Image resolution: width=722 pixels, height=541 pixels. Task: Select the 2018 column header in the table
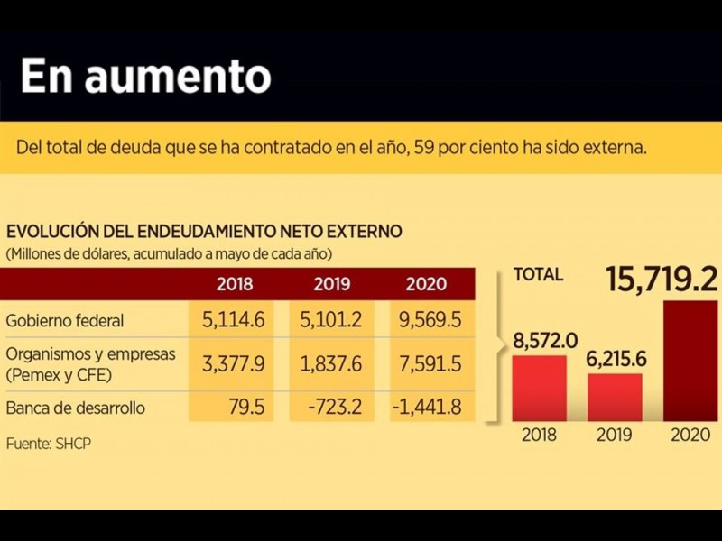tap(235, 283)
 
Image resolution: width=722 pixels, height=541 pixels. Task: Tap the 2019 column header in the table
tap(332, 283)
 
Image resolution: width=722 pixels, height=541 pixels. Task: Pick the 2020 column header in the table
tap(426, 283)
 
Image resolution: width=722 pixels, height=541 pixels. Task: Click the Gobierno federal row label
tap(65, 320)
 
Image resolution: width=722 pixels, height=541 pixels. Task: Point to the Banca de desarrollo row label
tap(75, 408)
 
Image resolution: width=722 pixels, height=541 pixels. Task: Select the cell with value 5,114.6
tap(234, 320)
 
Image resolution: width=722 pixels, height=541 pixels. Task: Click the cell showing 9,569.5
tap(427, 320)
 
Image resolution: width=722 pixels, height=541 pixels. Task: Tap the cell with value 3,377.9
tap(234, 363)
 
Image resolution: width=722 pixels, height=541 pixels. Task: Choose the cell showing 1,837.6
tap(331, 363)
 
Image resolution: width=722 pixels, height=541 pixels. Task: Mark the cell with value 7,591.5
tap(427, 363)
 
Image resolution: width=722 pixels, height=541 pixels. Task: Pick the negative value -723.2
tap(332, 408)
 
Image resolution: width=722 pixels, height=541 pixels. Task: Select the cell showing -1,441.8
tap(427, 408)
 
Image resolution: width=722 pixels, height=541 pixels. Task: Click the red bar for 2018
tap(540, 388)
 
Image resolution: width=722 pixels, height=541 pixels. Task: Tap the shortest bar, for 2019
tap(615, 397)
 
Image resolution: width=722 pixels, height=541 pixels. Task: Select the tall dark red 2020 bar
tap(690, 361)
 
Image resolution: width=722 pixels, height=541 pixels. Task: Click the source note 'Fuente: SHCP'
tap(49, 444)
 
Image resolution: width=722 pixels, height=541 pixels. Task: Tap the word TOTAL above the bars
tap(538, 275)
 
